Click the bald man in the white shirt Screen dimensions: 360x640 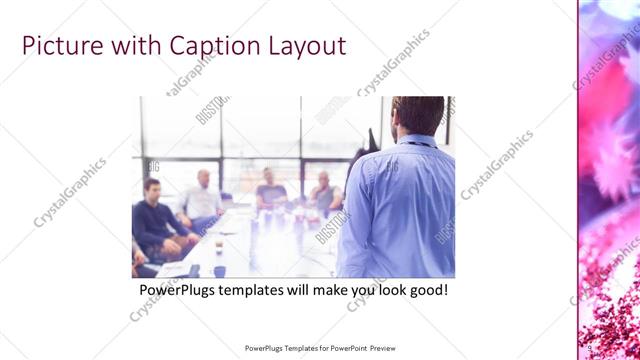click(203, 196)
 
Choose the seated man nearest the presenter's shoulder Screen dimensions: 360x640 click(325, 192)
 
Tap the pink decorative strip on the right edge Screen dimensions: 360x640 click(608, 180)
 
